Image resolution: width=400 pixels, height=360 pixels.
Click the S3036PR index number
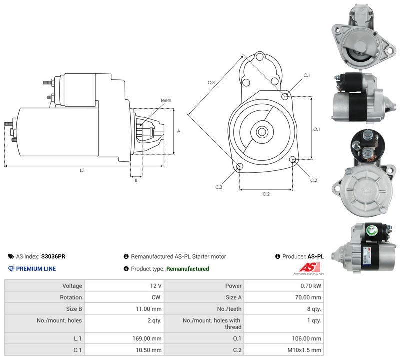[x=53, y=256]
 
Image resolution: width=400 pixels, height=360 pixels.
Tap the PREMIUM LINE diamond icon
[x=11, y=269]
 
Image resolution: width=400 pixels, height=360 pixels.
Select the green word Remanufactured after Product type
[x=188, y=269]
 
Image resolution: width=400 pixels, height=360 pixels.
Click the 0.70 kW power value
[x=311, y=286]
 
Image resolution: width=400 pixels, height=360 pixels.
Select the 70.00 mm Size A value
[x=308, y=297]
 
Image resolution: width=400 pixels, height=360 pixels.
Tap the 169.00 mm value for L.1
[x=147, y=338]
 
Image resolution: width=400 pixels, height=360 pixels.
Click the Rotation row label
[x=71, y=297]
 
